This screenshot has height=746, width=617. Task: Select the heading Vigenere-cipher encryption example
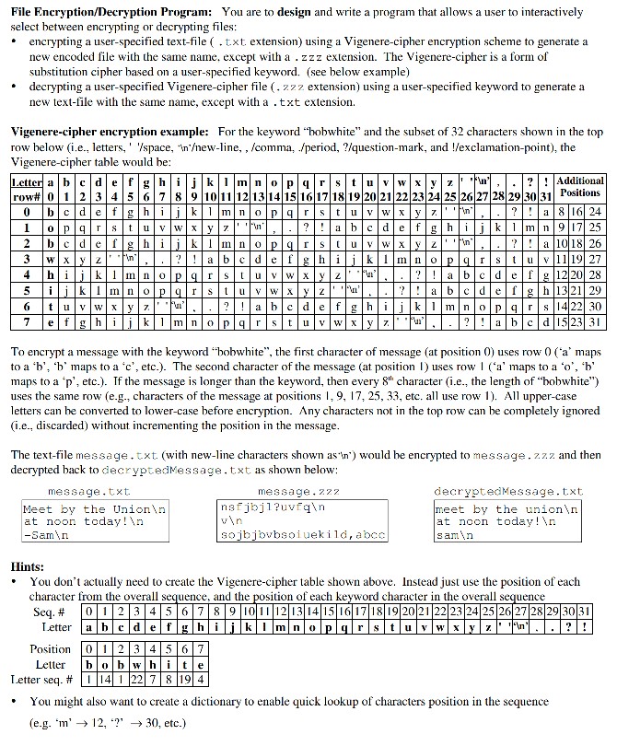click(x=110, y=133)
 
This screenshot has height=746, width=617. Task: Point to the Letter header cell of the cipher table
click(x=27, y=181)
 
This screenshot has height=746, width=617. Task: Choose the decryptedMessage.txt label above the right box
click(x=507, y=492)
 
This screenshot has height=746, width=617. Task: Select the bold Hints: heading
click(x=28, y=566)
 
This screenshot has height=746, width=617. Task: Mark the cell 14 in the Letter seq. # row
click(x=106, y=680)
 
